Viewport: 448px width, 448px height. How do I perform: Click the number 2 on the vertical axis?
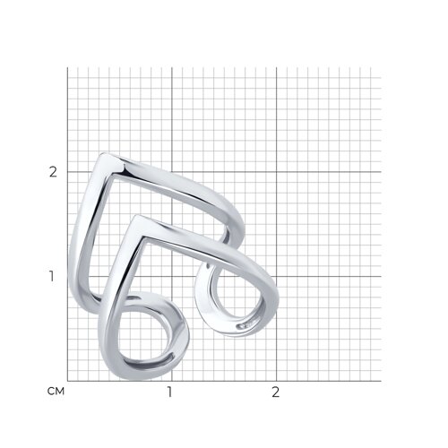coord(53,172)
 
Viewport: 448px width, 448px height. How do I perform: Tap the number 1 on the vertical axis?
coord(52,277)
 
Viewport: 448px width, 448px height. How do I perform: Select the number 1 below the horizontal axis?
coord(169,392)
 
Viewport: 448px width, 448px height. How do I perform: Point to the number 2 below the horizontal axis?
coord(275,392)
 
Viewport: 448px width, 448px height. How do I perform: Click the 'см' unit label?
coord(56,392)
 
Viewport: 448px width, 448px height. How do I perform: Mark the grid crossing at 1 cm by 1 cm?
coord(172,277)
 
